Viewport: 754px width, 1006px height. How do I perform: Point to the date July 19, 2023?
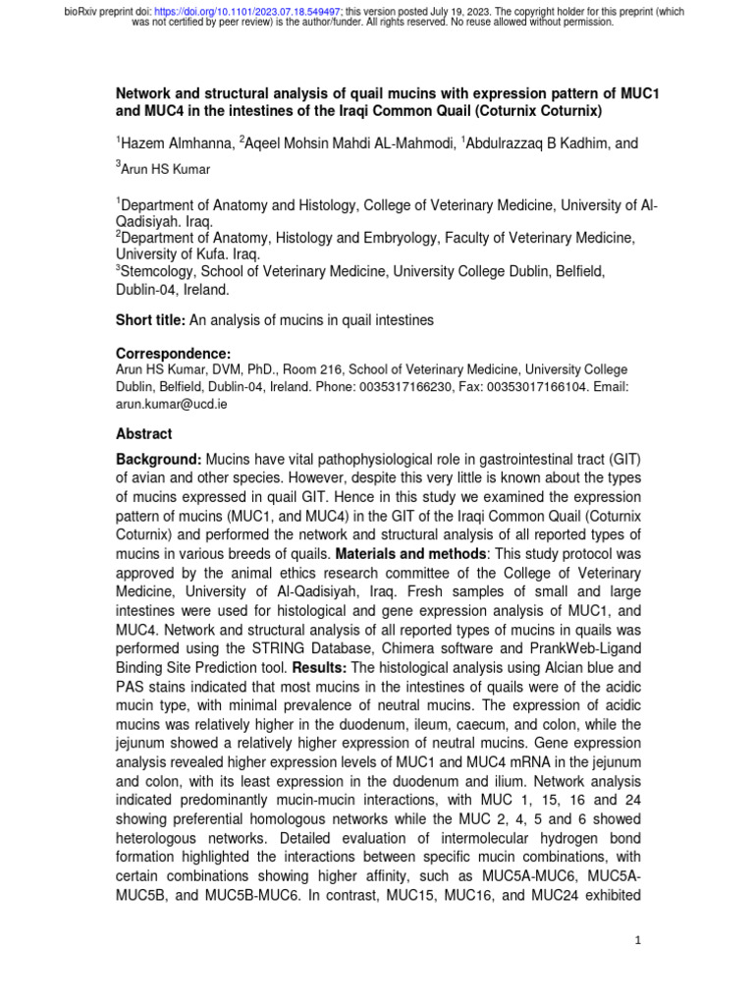pos(491,10)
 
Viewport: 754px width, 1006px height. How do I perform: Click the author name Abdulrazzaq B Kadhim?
pos(536,143)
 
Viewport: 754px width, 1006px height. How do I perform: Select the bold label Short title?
pos(150,320)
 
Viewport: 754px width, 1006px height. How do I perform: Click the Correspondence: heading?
pos(173,353)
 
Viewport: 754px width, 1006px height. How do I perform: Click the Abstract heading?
pos(143,434)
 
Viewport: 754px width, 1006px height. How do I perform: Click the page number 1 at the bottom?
pos(637,941)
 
